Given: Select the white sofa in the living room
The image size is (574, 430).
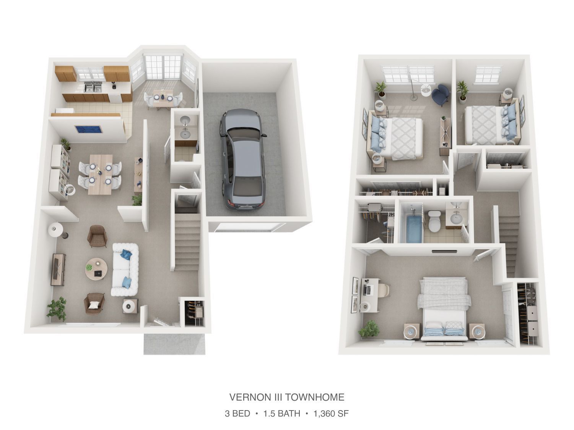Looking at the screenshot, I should [125, 269].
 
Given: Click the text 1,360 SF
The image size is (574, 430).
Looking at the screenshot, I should [331, 413].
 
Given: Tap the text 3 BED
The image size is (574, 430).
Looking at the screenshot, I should [237, 413].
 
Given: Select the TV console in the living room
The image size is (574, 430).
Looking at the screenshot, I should [58, 270].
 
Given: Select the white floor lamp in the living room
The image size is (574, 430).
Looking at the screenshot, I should [56, 230].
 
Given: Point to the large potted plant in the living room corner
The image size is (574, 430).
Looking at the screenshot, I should [57, 308].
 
